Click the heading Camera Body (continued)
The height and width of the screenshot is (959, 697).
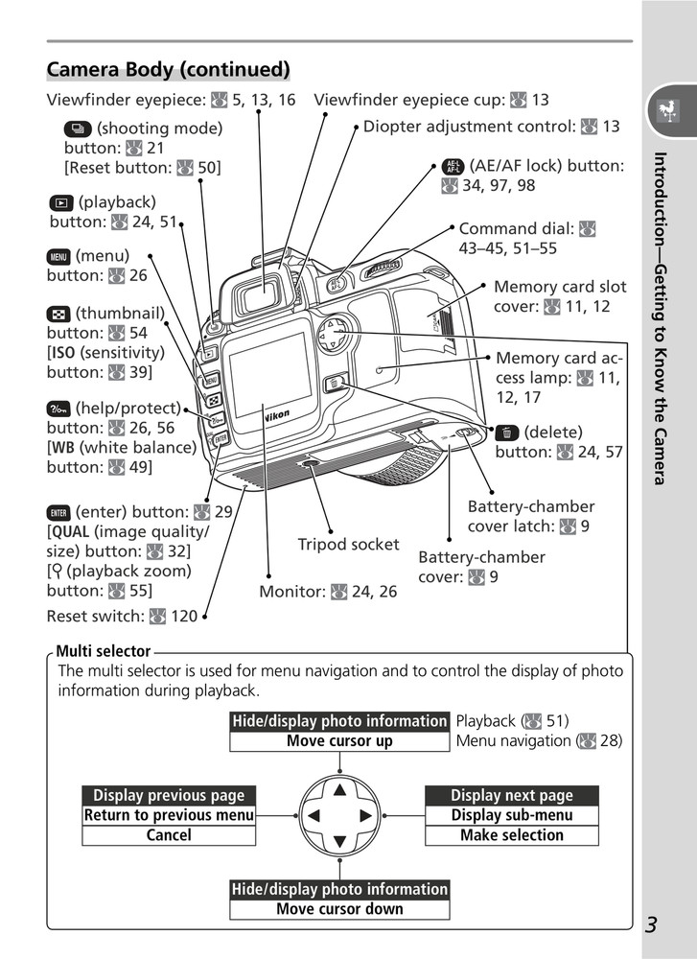[x=168, y=70]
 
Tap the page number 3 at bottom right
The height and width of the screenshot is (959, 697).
[x=651, y=924]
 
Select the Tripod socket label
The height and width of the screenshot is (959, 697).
[x=348, y=545]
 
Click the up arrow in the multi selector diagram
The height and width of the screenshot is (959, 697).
[x=339, y=790]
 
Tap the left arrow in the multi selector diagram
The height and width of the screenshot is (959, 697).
[x=313, y=816]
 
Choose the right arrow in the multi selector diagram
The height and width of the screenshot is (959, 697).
[x=365, y=816]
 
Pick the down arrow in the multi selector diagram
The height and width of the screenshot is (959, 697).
[x=339, y=842]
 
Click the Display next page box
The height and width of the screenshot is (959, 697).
[x=512, y=795]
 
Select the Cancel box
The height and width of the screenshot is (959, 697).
[x=169, y=835]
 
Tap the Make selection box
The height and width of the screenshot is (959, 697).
[x=512, y=835]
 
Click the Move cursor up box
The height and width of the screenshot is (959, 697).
[x=339, y=740]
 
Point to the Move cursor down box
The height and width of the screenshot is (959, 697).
[x=339, y=909]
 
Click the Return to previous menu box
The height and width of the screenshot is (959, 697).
[x=169, y=815]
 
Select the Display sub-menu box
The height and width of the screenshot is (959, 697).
[x=512, y=815]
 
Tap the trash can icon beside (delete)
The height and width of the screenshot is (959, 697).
[x=506, y=433]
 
